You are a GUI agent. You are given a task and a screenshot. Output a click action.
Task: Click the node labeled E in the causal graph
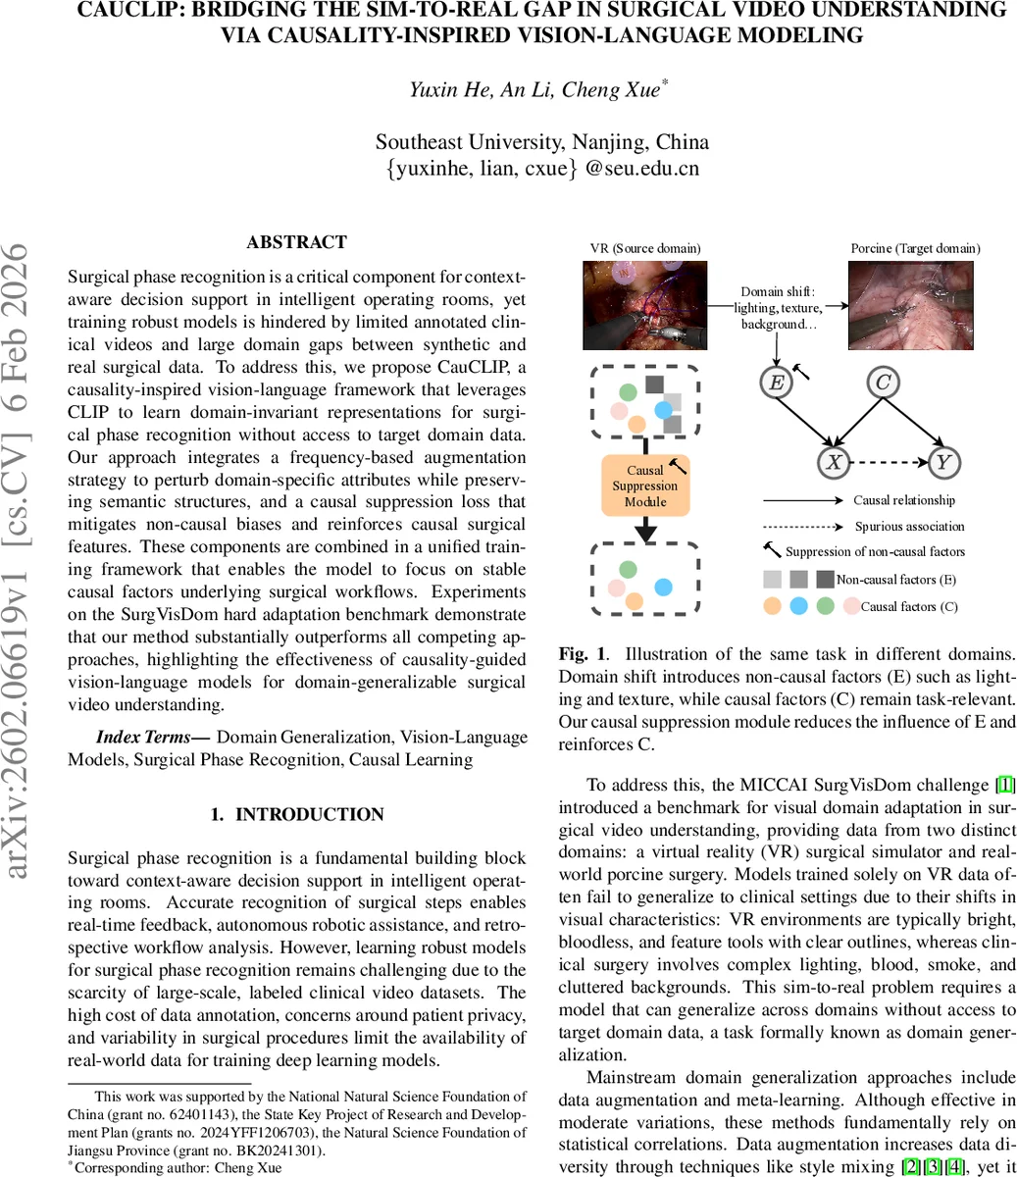click(777, 382)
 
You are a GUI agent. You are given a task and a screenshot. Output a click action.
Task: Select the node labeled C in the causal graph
click(883, 382)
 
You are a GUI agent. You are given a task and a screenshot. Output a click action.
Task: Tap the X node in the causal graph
click(834, 462)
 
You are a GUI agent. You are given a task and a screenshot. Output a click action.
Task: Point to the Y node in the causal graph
click(943, 462)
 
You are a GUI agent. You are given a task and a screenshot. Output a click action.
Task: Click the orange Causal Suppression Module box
click(644, 486)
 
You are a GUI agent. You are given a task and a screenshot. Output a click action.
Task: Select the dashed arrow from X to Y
click(889, 462)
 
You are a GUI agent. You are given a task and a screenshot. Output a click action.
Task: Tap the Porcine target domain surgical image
click(911, 305)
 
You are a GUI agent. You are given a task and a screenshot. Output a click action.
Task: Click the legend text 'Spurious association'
click(909, 527)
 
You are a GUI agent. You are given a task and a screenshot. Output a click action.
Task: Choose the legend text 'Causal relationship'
click(903, 500)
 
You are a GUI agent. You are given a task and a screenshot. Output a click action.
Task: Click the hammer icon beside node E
click(801, 371)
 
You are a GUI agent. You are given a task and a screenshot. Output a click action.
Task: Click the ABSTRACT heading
click(296, 242)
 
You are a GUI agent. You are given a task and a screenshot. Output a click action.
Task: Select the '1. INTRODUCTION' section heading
click(297, 814)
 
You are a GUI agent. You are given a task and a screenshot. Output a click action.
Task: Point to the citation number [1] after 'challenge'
click(1005, 785)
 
